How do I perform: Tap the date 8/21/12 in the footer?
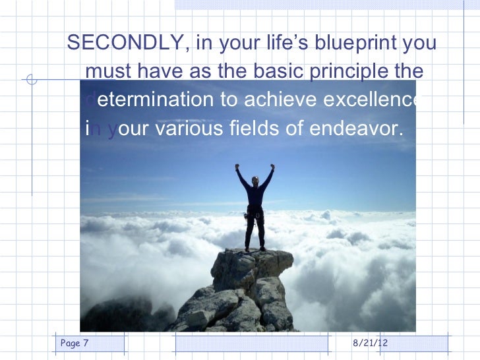pyautogui.click(x=371, y=343)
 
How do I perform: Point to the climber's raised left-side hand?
pyautogui.click(x=238, y=167)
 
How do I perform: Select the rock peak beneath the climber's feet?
pyautogui.click(x=251, y=270)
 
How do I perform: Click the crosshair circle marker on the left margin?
pyautogui.click(x=30, y=82)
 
